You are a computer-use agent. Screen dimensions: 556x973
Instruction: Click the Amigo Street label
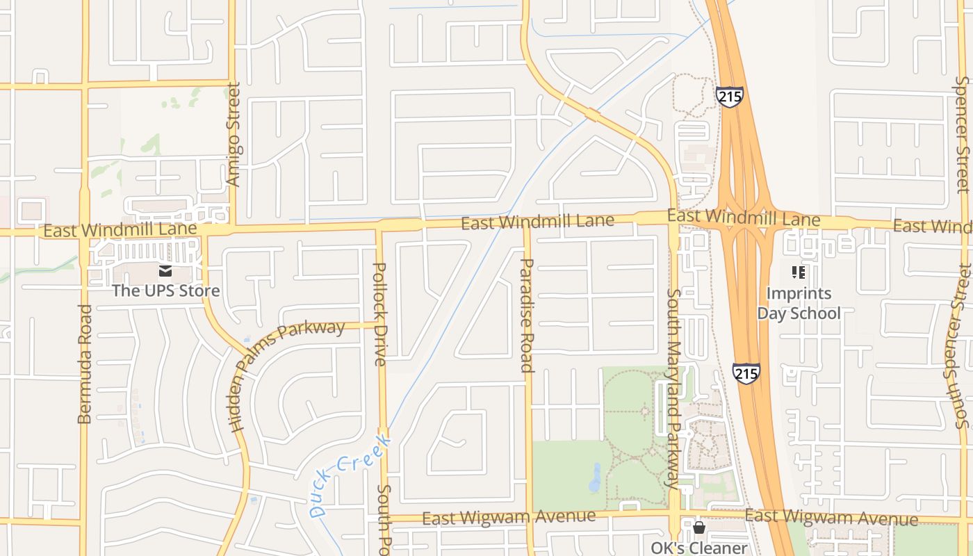[x=234, y=134]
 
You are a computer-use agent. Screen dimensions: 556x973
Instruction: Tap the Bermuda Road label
[x=85, y=363]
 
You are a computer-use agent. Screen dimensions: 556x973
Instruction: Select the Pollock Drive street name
[x=380, y=313]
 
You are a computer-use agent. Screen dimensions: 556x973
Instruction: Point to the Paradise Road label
[x=527, y=315]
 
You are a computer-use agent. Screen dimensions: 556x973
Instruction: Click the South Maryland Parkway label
[x=672, y=387]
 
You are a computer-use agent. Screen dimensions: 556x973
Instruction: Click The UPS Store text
[x=166, y=291]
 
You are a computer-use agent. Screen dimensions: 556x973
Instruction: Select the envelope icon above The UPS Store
[x=165, y=271]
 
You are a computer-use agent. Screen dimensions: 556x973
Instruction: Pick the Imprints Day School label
[x=799, y=303]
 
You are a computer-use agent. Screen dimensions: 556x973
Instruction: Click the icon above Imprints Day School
[x=799, y=272]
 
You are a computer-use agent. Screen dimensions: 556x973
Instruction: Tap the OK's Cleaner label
[x=699, y=548]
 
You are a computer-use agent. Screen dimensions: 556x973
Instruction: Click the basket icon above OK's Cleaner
[x=699, y=528]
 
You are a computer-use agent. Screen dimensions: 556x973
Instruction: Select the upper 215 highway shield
[x=730, y=97]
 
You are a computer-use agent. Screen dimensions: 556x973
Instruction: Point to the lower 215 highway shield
[x=746, y=373]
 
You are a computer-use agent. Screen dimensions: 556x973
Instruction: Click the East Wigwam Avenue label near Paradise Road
[x=509, y=517]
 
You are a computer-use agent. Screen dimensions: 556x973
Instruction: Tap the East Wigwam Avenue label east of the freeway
[x=831, y=518]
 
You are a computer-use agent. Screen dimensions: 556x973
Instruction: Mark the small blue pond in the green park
[x=596, y=477]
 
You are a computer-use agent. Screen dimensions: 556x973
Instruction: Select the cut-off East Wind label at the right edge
[x=932, y=226]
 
